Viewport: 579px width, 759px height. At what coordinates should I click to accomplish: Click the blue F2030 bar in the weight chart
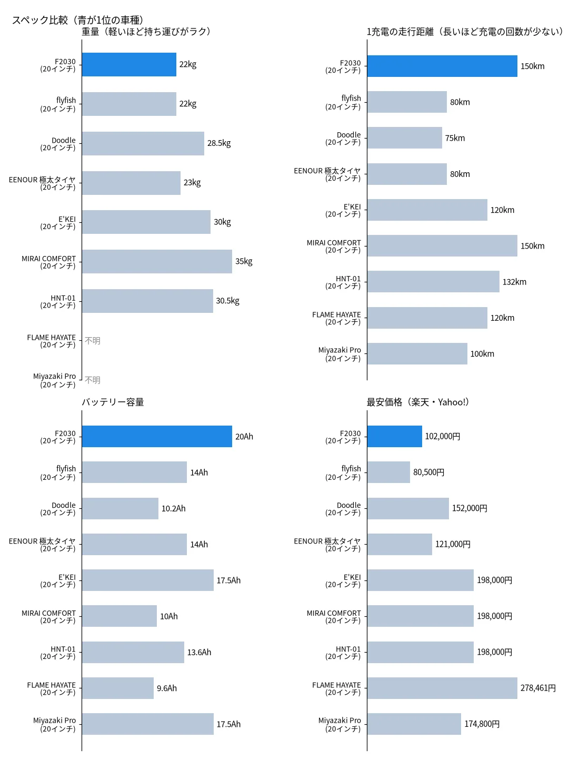pyautogui.click(x=129, y=64)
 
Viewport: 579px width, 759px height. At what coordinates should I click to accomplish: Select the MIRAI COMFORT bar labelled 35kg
pyautogui.click(x=157, y=261)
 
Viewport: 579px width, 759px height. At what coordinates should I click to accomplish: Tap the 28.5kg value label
pyautogui.click(x=218, y=143)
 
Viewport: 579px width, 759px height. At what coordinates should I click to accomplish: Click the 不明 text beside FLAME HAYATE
pyautogui.click(x=93, y=341)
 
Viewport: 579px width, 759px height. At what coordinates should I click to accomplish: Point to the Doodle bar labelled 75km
pyautogui.click(x=405, y=137)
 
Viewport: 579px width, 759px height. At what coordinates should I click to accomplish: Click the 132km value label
pyautogui.click(x=514, y=282)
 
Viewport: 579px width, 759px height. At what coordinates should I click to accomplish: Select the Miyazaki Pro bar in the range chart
pyautogui.click(x=417, y=353)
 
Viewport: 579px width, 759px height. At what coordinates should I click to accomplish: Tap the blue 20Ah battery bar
pyautogui.click(x=157, y=436)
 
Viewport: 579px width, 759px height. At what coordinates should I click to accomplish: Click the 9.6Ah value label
pyautogui.click(x=166, y=688)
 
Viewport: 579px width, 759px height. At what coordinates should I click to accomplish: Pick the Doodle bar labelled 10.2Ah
pyautogui.click(x=120, y=508)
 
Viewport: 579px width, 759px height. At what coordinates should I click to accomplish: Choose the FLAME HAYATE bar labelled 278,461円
pyautogui.click(x=442, y=688)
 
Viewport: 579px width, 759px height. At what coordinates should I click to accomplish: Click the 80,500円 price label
pyautogui.click(x=428, y=472)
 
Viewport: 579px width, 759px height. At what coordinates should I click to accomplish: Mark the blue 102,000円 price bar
pyautogui.click(x=395, y=436)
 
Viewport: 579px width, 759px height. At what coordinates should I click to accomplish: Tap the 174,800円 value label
pyautogui.click(x=482, y=724)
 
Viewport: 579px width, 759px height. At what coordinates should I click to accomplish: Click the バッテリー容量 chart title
pyautogui.click(x=113, y=402)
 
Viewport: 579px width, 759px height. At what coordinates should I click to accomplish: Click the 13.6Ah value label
pyautogui.click(x=199, y=652)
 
